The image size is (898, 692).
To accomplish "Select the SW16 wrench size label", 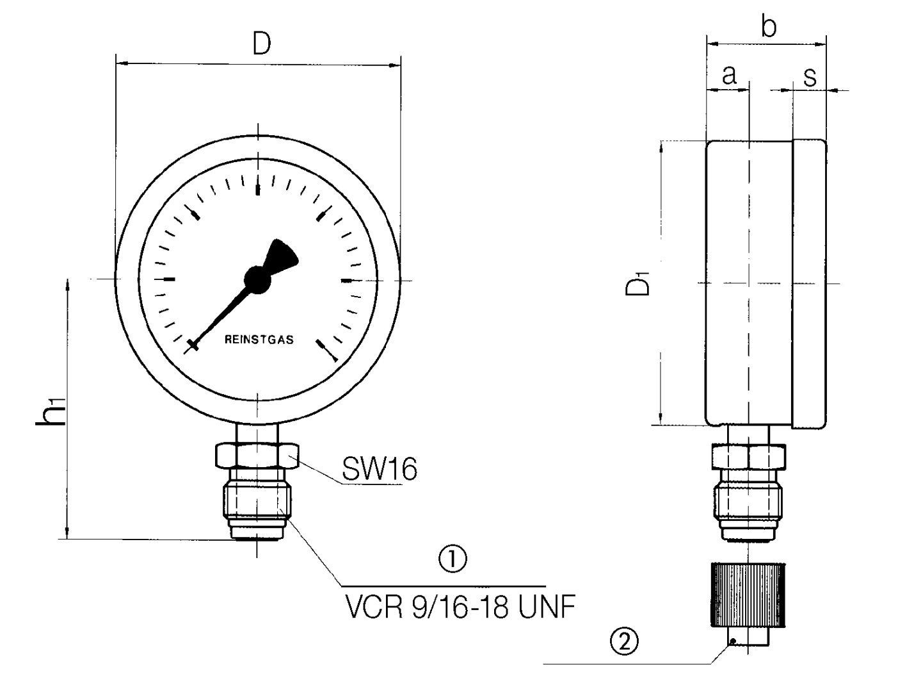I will (379, 469).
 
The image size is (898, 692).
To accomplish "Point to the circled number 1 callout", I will (452, 559).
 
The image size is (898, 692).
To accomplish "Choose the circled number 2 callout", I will (625, 641).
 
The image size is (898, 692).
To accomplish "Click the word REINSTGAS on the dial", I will (259, 340).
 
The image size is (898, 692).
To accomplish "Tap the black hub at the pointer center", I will (257, 279).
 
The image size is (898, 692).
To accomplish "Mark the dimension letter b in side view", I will (769, 27).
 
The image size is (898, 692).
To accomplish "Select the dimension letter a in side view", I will (729, 75).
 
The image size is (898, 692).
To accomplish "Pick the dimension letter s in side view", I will (810, 76).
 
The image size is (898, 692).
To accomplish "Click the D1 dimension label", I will (638, 284).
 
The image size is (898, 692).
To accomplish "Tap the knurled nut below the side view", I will (747, 594).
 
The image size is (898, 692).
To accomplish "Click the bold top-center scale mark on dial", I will (258, 190).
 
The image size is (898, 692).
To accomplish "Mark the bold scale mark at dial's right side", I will (347, 280).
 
